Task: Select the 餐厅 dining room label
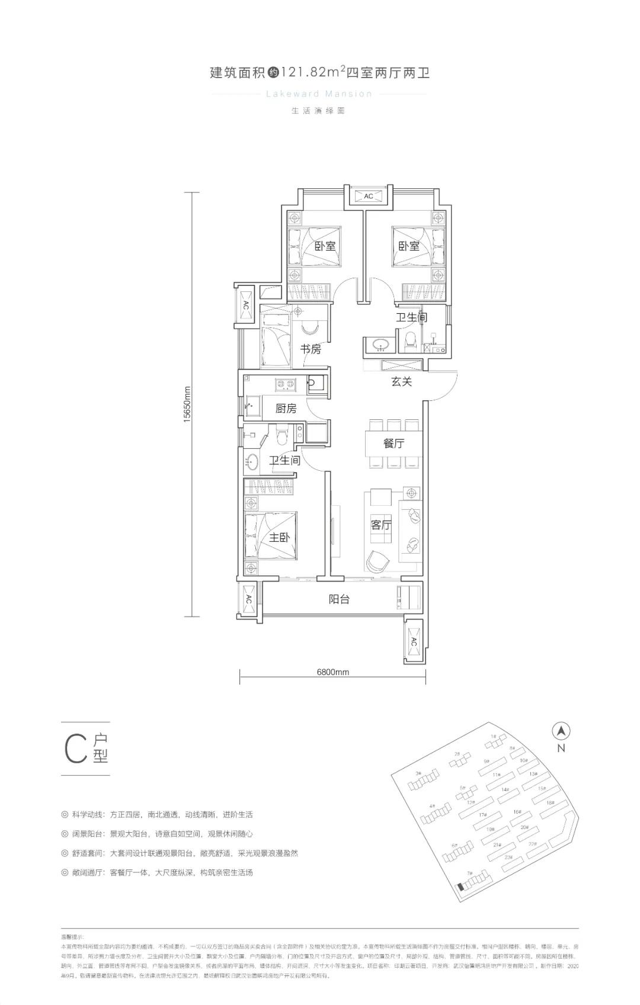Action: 393,443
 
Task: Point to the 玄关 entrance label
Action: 401,382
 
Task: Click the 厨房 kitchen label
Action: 286,409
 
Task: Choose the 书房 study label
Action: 311,349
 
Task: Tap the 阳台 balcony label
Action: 339,599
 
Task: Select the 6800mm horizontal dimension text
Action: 332,672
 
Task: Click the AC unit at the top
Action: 368,196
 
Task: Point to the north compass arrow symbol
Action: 561,731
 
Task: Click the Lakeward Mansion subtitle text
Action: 319,94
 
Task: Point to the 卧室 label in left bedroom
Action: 325,246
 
